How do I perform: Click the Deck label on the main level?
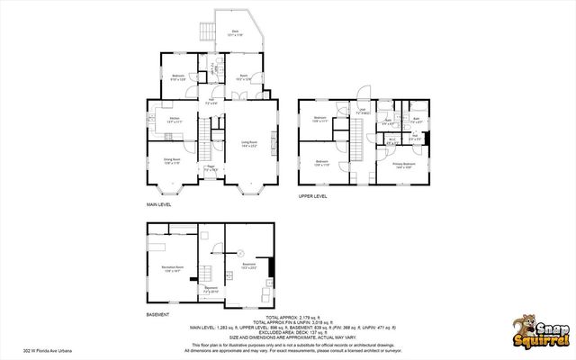click(x=235, y=32)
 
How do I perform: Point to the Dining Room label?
click(x=171, y=162)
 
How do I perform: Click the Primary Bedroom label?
click(x=403, y=165)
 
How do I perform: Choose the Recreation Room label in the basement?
click(x=173, y=269)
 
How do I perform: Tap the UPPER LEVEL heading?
click(x=313, y=195)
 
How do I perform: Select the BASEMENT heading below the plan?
click(x=157, y=315)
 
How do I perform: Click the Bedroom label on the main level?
click(x=178, y=77)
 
